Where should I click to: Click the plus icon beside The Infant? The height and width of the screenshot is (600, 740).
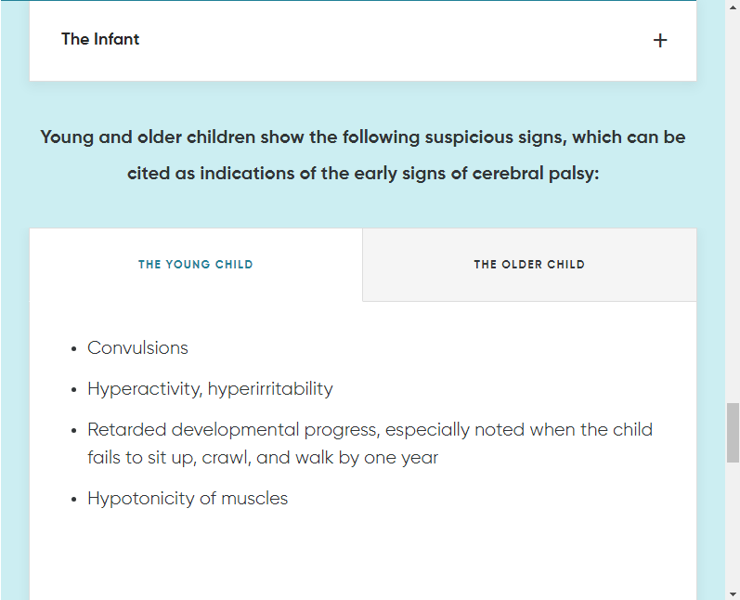[x=660, y=41]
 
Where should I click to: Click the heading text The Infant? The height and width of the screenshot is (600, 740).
[x=100, y=39]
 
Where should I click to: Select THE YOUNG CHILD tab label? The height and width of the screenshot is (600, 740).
[x=195, y=265]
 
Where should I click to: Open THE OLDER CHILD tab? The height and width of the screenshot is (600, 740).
[x=529, y=265]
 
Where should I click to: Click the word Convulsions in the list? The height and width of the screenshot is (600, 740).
[x=137, y=348]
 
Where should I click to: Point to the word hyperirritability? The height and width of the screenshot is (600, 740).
[x=270, y=389]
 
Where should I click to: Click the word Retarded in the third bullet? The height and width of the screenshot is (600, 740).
[x=127, y=430]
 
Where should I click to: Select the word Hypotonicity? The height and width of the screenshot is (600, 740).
[x=140, y=499]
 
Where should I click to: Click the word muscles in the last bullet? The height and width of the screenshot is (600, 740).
[x=253, y=499]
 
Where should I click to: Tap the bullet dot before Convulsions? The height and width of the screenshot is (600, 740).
[x=73, y=349]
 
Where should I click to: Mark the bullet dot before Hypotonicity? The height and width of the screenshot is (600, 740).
[x=73, y=500]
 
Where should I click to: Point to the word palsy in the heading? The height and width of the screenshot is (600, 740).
[x=574, y=175]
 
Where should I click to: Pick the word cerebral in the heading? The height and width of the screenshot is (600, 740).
[x=508, y=174]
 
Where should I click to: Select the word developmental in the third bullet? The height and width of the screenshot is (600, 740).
[x=235, y=431]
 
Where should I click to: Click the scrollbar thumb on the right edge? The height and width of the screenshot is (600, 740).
[x=733, y=433]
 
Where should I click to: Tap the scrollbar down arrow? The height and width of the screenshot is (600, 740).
[x=733, y=593]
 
